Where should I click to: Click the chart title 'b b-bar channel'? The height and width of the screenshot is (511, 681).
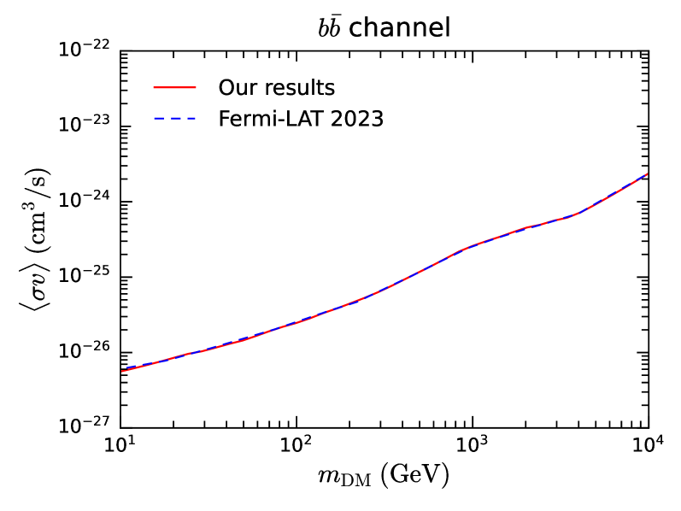tap(384, 28)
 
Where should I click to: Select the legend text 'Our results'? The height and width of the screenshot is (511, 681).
tap(276, 88)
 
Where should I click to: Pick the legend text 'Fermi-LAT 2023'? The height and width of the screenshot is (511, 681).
tap(301, 119)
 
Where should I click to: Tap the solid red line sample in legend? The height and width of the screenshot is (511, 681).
tap(175, 88)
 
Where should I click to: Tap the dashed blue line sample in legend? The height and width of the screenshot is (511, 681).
tap(175, 120)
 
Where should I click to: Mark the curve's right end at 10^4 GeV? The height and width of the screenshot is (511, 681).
tap(648, 174)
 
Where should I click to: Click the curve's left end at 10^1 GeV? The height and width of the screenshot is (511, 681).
tap(121, 370)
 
